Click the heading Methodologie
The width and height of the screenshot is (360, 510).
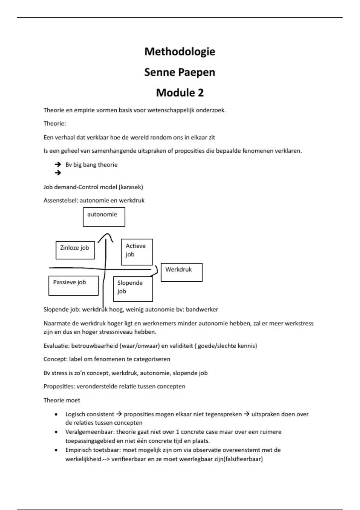(180, 52)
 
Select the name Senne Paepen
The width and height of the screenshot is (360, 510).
(180, 72)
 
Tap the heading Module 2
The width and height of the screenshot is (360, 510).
(180, 93)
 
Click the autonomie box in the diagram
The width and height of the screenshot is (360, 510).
(104, 217)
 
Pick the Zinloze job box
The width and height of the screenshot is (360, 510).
(75, 250)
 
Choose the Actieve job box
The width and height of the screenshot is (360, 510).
(137, 252)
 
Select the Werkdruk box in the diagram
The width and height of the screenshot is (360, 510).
(181, 272)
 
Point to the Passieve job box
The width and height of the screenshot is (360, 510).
(73, 285)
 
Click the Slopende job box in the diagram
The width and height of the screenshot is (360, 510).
(133, 289)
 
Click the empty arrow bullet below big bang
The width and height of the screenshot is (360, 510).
(58, 173)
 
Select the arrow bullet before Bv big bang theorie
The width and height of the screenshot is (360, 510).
(58, 164)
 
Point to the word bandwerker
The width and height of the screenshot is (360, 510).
(202, 309)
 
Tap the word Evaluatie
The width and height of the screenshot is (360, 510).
(56, 346)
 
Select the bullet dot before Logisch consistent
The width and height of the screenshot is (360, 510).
(56, 415)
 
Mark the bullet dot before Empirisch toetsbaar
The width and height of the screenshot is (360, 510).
(56, 450)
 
